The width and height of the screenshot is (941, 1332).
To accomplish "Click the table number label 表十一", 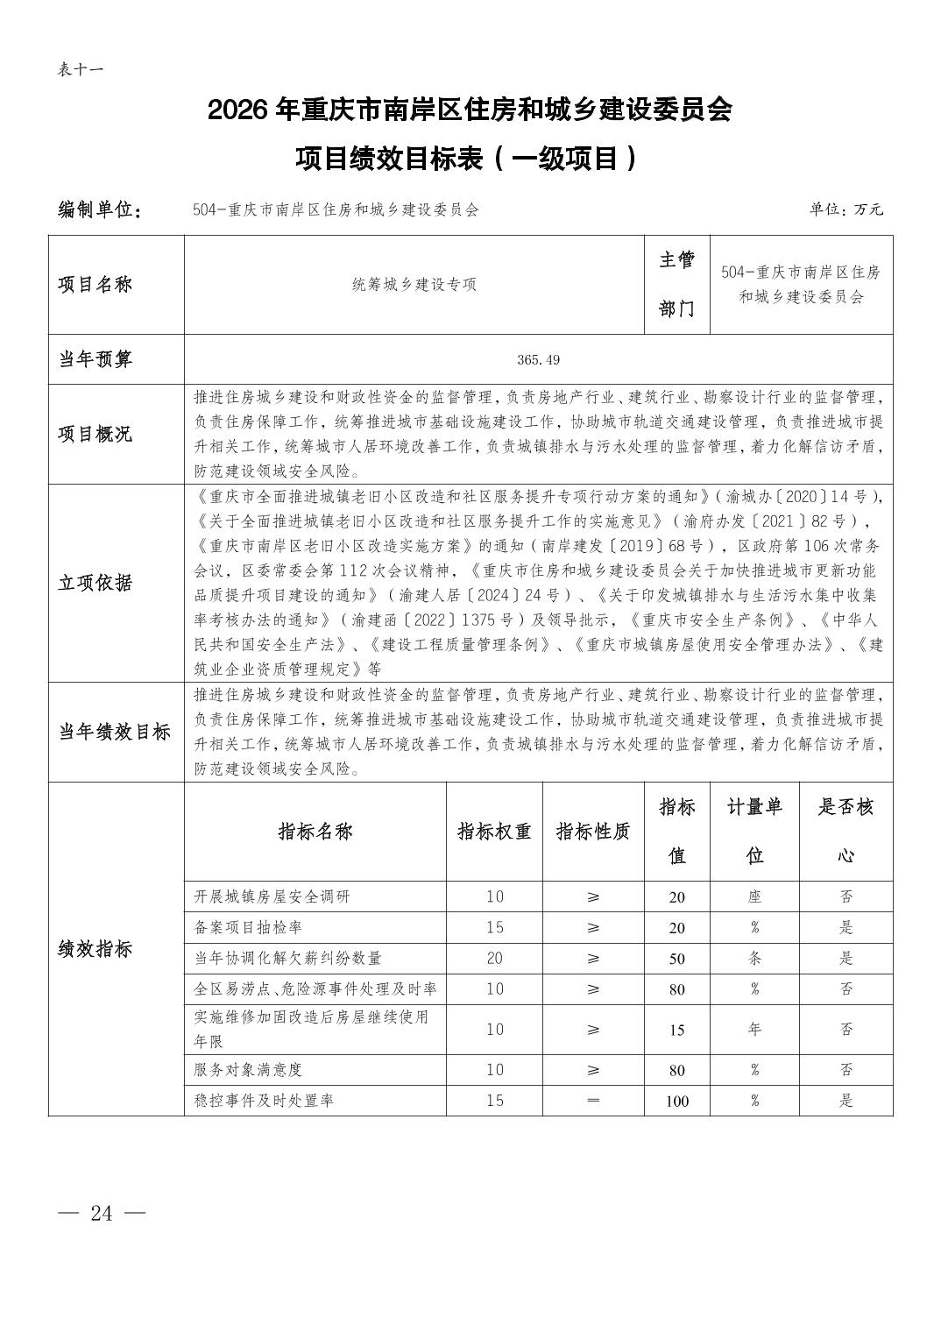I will click(80, 69).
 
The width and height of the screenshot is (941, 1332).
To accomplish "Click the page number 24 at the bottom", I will click(101, 1213).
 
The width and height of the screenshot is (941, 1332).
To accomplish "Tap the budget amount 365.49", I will click(538, 359).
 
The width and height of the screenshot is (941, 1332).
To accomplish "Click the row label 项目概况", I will click(96, 434).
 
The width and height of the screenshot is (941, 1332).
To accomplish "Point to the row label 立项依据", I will click(96, 583).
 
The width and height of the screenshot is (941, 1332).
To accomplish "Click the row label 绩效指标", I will click(96, 949).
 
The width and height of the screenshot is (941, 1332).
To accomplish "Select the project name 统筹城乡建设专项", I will click(414, 285).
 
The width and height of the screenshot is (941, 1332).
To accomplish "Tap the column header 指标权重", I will click(494, 831).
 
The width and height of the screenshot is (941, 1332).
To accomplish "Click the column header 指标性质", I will click(593, 831).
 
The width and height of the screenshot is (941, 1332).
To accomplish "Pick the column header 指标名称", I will click(315, 831).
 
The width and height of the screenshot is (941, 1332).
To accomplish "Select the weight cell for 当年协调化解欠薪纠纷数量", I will click(494, 958).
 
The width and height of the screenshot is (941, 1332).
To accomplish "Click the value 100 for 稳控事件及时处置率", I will click(676, 1101).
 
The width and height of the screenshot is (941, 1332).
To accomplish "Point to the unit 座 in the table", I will click(754, 896).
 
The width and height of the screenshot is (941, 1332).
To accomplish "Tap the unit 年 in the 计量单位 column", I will click(754, 1029).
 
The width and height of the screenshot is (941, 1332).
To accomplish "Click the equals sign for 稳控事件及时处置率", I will click(593, 1101).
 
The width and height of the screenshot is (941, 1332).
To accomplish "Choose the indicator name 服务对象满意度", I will click(248, 1070).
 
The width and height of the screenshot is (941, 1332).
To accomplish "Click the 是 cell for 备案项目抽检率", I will click(845, 927).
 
